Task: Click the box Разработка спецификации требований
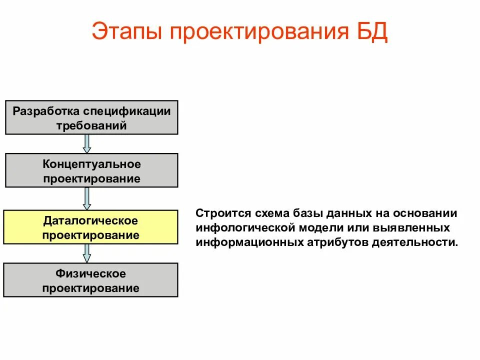click(x=91, y=117)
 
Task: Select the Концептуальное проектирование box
click(x=91, y=170)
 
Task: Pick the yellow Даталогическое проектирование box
click(x=91, y=227)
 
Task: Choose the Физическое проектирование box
click(x=91, y=280)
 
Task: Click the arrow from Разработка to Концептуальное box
click(x=87, y=143)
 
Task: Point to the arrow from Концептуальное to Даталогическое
click(x=87, y=198)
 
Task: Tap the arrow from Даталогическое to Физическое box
click(x=87, y=253)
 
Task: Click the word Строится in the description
click(x=217, y=213)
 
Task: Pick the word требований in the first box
click(x=91, y=125)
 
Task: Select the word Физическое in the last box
click(x=91, y=273)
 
